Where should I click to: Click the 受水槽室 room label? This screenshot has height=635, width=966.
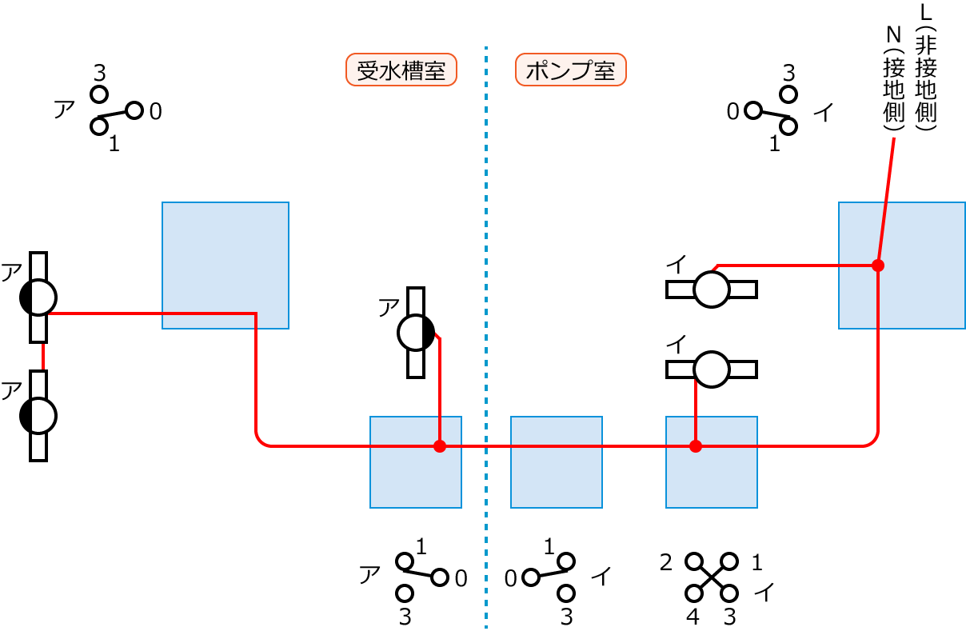coord(401,70)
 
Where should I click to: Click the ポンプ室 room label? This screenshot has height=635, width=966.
coord(571,70)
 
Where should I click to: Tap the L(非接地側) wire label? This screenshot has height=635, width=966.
coord(927,68)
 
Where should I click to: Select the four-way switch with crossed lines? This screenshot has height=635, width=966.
coord(712,577)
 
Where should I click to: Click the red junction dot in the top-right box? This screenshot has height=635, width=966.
coord(877,265)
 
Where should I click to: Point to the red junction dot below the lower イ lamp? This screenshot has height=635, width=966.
coord(696,445)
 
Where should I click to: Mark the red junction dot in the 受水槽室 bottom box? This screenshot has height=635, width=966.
coord(439,445)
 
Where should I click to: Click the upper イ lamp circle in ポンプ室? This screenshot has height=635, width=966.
coord(711,289)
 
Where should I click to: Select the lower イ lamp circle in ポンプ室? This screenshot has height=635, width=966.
coord(711,369)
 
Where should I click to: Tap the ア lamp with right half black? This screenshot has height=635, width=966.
coord(416,332)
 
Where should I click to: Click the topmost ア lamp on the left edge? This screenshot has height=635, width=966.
coord(38,298)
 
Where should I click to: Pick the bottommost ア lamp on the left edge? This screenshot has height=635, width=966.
coord(38,415)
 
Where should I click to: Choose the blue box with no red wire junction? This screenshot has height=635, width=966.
coord(556,461)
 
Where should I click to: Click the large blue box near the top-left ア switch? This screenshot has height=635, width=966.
coord(225,265)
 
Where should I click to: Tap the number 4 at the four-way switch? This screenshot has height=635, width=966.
coord(693,617)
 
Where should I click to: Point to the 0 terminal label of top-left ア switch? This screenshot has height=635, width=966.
coord(155,112)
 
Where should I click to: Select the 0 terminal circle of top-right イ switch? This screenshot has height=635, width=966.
coord(752,110)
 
